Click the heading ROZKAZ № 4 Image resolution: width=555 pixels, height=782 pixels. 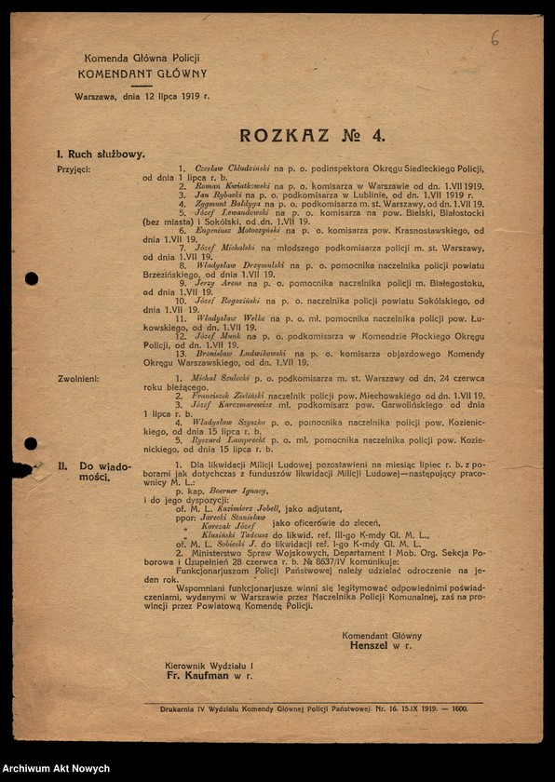tap(312, 136)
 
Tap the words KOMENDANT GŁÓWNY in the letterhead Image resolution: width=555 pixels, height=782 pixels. tap(142, 74)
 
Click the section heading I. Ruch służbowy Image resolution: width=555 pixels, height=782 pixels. tap(101, 154)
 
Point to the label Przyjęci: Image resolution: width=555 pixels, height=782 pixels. tap(74, 169)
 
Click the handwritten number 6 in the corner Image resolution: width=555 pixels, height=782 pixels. tap(494, 38)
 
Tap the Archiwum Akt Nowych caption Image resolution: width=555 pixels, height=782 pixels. tap(57, 769)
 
